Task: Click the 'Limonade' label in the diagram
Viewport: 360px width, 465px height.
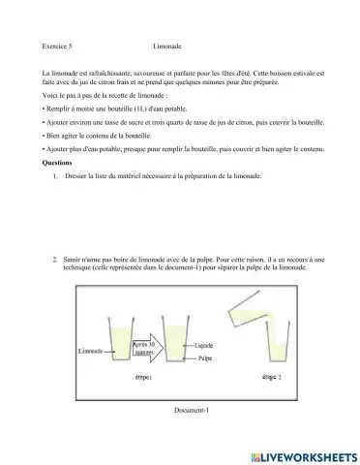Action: point(90,351)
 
